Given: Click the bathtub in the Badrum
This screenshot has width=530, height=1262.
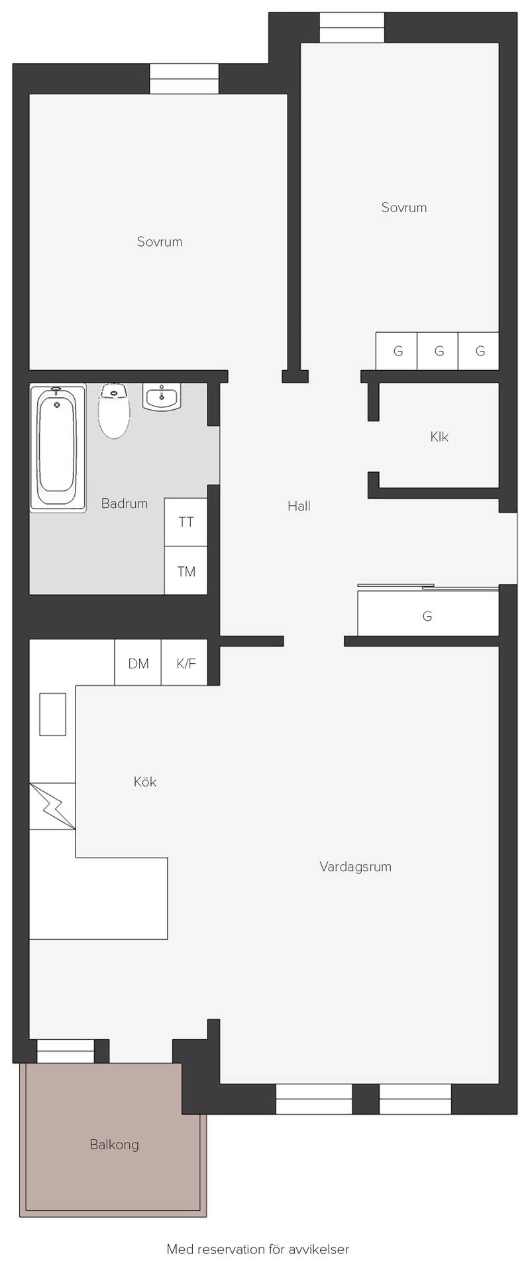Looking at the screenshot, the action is pyautogui.click(x=58, y=449).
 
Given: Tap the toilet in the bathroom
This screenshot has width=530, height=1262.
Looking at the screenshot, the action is pyautogui.click(x=114, y=410).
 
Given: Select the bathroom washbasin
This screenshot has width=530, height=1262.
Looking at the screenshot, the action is pyautogui.click(x=162, y=397).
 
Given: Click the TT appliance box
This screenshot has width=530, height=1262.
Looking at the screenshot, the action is pyautogui.click(x=186, y=522).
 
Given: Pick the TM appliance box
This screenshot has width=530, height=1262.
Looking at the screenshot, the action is pyautogui.click(x=186, y=570).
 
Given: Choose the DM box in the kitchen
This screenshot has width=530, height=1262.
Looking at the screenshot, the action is pyautogui.click(x=138, y=663).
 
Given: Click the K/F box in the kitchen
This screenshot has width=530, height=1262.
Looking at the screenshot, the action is pyautogui.click(x=185, y=663).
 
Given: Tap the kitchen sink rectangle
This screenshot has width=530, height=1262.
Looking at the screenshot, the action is pyautogui.click(x=53, y=714).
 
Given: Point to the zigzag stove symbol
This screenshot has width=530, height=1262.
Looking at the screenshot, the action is pyautogui.click(x=52, y=806).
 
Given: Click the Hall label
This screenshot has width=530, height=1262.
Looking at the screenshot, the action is pyautogui.click(x=299, y=506).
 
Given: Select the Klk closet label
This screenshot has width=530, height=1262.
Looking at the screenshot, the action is pyautogui.click(x=439, y=436).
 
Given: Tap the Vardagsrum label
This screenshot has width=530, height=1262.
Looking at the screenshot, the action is pyautogui.click(x=355, y=866).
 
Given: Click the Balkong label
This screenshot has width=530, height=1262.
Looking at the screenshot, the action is pyautogui.click(x=114, y=1144).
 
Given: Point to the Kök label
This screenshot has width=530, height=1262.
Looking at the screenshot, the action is pyautogui.click(x=145, y=782).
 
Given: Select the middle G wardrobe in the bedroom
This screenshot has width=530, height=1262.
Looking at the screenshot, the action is pyautogui.click(x=438, y=351).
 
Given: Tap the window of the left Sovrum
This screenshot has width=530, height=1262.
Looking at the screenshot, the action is pyautogui.click(x=184, y=79).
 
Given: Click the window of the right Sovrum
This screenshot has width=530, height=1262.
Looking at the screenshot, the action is pyautogui.click(x=352, y=28).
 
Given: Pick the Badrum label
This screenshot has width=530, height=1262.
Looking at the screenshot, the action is pyautogui.click(x=125, y=503).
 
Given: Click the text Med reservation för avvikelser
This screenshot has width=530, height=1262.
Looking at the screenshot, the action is pyautogui.click(x=258, y=1249).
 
